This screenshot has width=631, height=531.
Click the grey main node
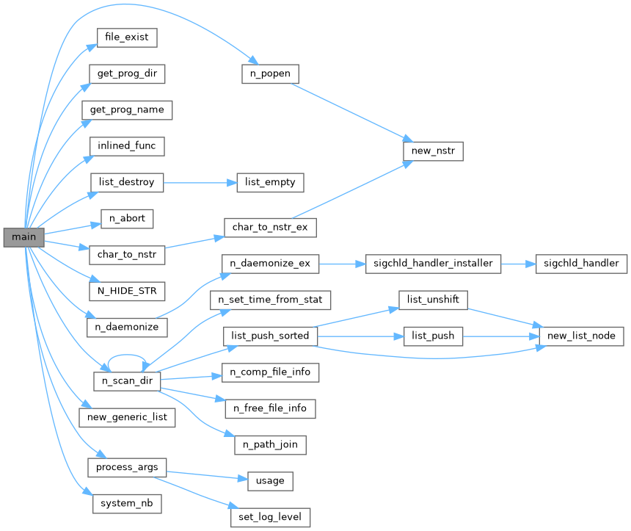23,237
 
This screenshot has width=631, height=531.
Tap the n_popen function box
270,73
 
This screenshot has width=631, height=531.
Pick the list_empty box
270,181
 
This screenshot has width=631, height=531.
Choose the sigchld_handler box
581,263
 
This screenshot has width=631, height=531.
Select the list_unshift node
433,299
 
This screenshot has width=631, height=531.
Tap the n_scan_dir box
127,382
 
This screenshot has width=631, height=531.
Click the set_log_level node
270,516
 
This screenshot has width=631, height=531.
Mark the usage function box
270,480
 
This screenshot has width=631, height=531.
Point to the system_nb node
127,504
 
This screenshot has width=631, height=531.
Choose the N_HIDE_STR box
126,291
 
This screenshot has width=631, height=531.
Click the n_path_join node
270,444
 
